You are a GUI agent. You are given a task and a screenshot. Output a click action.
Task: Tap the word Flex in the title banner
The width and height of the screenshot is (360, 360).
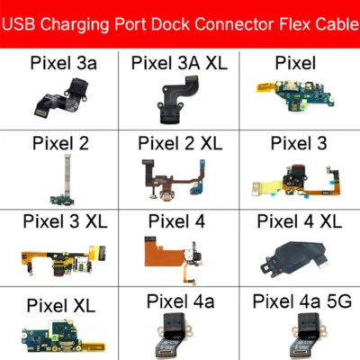click(x=277, y=24)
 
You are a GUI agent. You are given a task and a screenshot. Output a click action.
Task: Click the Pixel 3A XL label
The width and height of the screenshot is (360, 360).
click(x=180, y=62)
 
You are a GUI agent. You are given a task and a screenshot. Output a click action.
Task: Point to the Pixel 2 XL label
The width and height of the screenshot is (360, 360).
click(x=180, y=144)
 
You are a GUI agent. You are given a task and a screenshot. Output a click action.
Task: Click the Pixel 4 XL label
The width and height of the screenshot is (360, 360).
click(x=298, y=220)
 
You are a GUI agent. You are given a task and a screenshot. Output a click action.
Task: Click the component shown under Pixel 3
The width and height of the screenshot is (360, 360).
click(x=297, y=180)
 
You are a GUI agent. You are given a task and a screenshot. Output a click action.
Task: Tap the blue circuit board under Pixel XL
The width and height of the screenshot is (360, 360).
click(x=59, y=333)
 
